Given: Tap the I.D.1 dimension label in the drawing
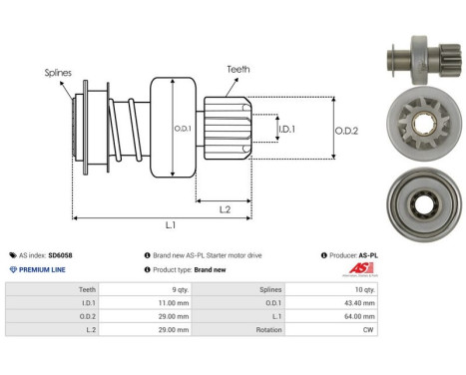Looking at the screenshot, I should (287, 129).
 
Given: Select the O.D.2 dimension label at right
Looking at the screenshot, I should (347, 127).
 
